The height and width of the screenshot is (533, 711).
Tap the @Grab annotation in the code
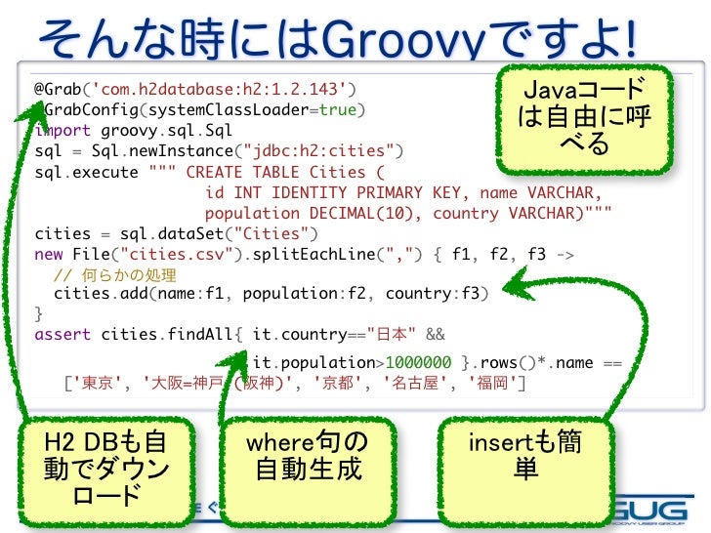pyautogui.click(x=58, y=89)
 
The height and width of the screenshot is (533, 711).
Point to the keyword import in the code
pyautogui.click(x=63, y=131)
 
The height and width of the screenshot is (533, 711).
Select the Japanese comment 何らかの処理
pyautogui.click(x=129, y=274)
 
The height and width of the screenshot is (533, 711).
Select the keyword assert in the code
pyautogui.click(x=63, y=335)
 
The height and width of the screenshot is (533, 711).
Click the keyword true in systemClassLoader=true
pyautogui.click(x=337, y=110)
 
